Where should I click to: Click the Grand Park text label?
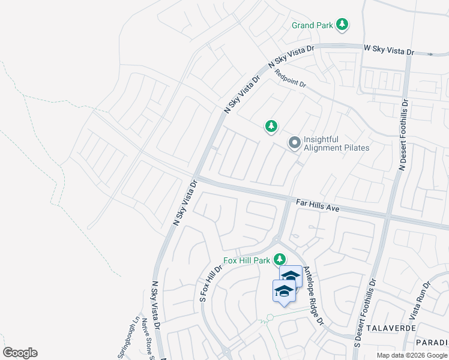[x=312, y=25]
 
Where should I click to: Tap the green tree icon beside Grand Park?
[x=342, y=25]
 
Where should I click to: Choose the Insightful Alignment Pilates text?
[x=336, y=143]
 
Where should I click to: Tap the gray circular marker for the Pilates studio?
[x=294, y=143]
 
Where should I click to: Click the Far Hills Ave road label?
[x=318, y=205]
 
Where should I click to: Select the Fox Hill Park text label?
[x=247, y=260]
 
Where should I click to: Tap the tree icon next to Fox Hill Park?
[x=279, y=260]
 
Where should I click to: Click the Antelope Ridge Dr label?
[x=313, y=296]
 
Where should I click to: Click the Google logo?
[x=20, y=353]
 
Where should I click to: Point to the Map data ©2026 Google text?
[x=412, y=355]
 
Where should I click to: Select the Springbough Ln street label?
[x=129, y=338]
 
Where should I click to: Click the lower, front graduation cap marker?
[x=284, y=292]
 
